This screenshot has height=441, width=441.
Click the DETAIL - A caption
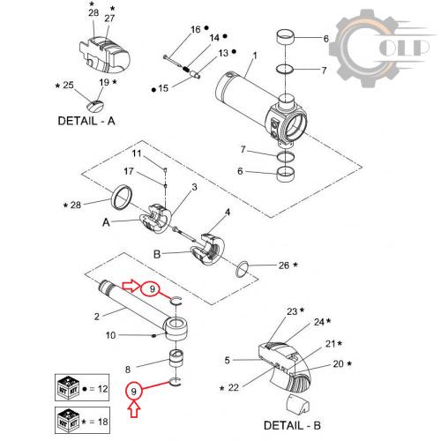[x=86, y=121]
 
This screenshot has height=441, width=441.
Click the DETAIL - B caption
[x=292, y=425]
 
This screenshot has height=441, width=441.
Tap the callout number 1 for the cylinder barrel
[x=255, y=56]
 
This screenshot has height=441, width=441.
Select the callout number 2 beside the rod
[x=97, y=317]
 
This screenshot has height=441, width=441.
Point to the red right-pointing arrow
[x=131, y=286]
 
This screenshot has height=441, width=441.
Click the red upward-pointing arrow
[x=134, y=410]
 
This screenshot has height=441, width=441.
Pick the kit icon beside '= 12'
[x=68, y=387]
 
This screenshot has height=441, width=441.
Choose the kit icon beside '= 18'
[x=68, y=421]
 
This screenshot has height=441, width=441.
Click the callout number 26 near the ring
[x=284, y=265]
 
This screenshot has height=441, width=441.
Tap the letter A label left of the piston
[x=106, y=222]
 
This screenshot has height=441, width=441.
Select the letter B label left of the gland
[x=157, y=254]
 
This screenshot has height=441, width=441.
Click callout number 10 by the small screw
[x=110, y=335]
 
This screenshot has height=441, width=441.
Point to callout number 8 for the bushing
[x=128, y=370]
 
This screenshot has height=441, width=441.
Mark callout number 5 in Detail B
[x=227, y=360]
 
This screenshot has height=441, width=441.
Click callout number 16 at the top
[x=196, y=29]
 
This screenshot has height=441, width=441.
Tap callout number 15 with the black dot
[x=163, y=88]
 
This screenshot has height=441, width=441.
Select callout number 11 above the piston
[x=137, y=153]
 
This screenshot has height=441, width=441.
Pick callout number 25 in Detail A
[x=68, y=85]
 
